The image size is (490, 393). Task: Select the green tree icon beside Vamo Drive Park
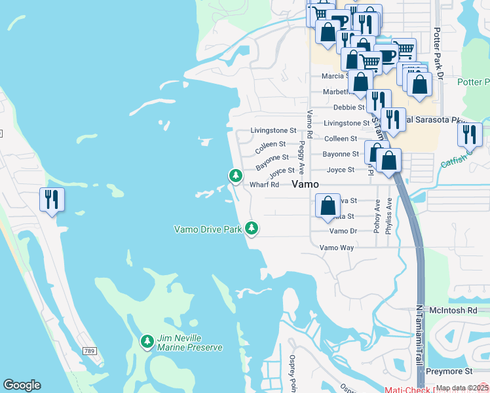coord(252,229)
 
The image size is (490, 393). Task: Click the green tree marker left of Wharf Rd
coord(235,176)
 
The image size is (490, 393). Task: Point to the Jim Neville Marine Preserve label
coord(189,343)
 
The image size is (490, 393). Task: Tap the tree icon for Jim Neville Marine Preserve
coord(147,341)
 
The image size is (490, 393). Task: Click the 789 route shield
coord(90,352)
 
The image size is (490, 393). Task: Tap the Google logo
coord(22,385)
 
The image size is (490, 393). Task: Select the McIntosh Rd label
coord(453,309)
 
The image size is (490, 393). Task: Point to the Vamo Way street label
coord(337,248)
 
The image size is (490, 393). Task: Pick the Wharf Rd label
coord(265,185)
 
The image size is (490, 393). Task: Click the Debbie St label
coord(349,107)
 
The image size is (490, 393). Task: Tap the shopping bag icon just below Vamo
coord(327,205)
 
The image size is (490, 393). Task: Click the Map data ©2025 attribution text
coord(462,388)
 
